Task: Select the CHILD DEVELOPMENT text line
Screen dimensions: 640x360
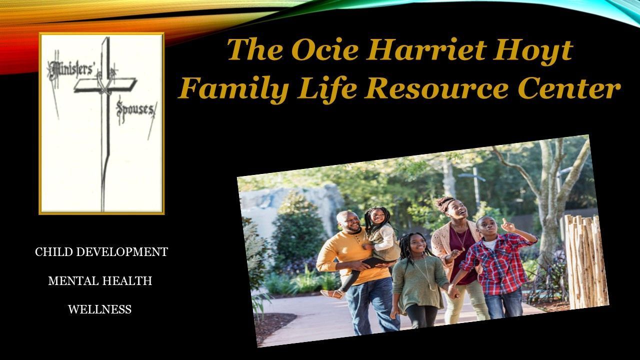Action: pyautogui.click(x=101, y=252)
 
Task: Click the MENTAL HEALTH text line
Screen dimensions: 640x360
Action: pyautogui.click(x=100, y=281)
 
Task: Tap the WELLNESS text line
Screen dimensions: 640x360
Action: pyautogui.click(x=99, y=309)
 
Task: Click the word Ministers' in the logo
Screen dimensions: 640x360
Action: pyautogui.click(x=71, y=69)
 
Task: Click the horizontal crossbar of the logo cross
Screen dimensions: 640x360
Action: pyautogui.click(x=105, y=84)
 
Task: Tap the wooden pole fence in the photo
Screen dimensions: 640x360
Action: pyautogui.click(x=585, y=261)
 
